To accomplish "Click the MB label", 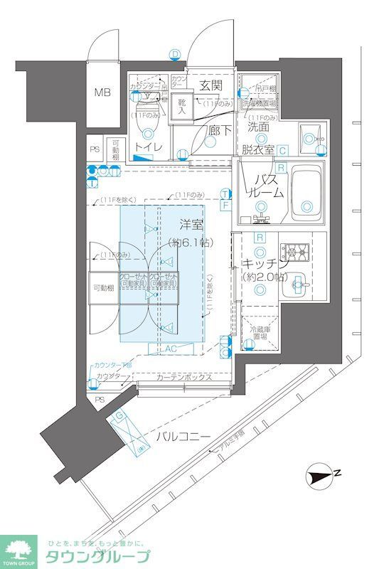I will point(104,92).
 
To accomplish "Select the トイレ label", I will point(149,147).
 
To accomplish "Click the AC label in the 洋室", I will point(171,349).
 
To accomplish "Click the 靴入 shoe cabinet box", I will point(181,107).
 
